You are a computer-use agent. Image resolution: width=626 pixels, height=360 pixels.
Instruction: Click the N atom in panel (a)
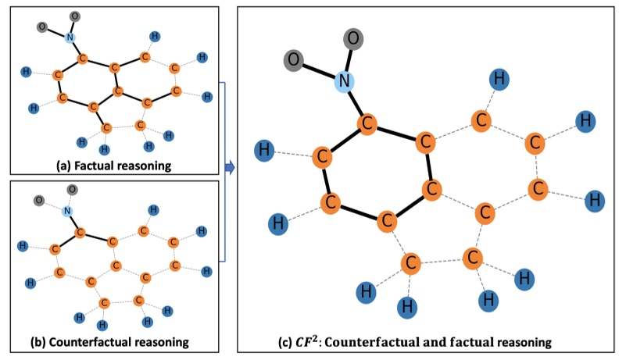[70, 37]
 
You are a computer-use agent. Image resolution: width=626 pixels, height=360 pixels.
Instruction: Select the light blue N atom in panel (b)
[67, 211]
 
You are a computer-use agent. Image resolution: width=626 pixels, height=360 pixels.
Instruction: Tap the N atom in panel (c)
[343, 80]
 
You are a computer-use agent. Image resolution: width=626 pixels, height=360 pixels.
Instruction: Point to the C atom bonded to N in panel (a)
[82, 59]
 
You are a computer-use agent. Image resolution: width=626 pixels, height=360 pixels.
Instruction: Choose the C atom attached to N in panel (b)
[80, 232]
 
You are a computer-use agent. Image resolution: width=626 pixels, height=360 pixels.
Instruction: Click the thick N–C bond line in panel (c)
[355, 102]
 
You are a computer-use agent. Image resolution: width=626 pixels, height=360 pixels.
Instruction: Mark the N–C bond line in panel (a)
[76, 48]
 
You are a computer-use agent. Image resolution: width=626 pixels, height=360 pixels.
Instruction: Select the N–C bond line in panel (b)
[73, 222]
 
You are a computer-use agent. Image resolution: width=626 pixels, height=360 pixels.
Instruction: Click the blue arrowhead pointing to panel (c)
[230, 167]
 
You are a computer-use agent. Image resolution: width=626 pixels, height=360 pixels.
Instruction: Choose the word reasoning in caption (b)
[162, 341]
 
